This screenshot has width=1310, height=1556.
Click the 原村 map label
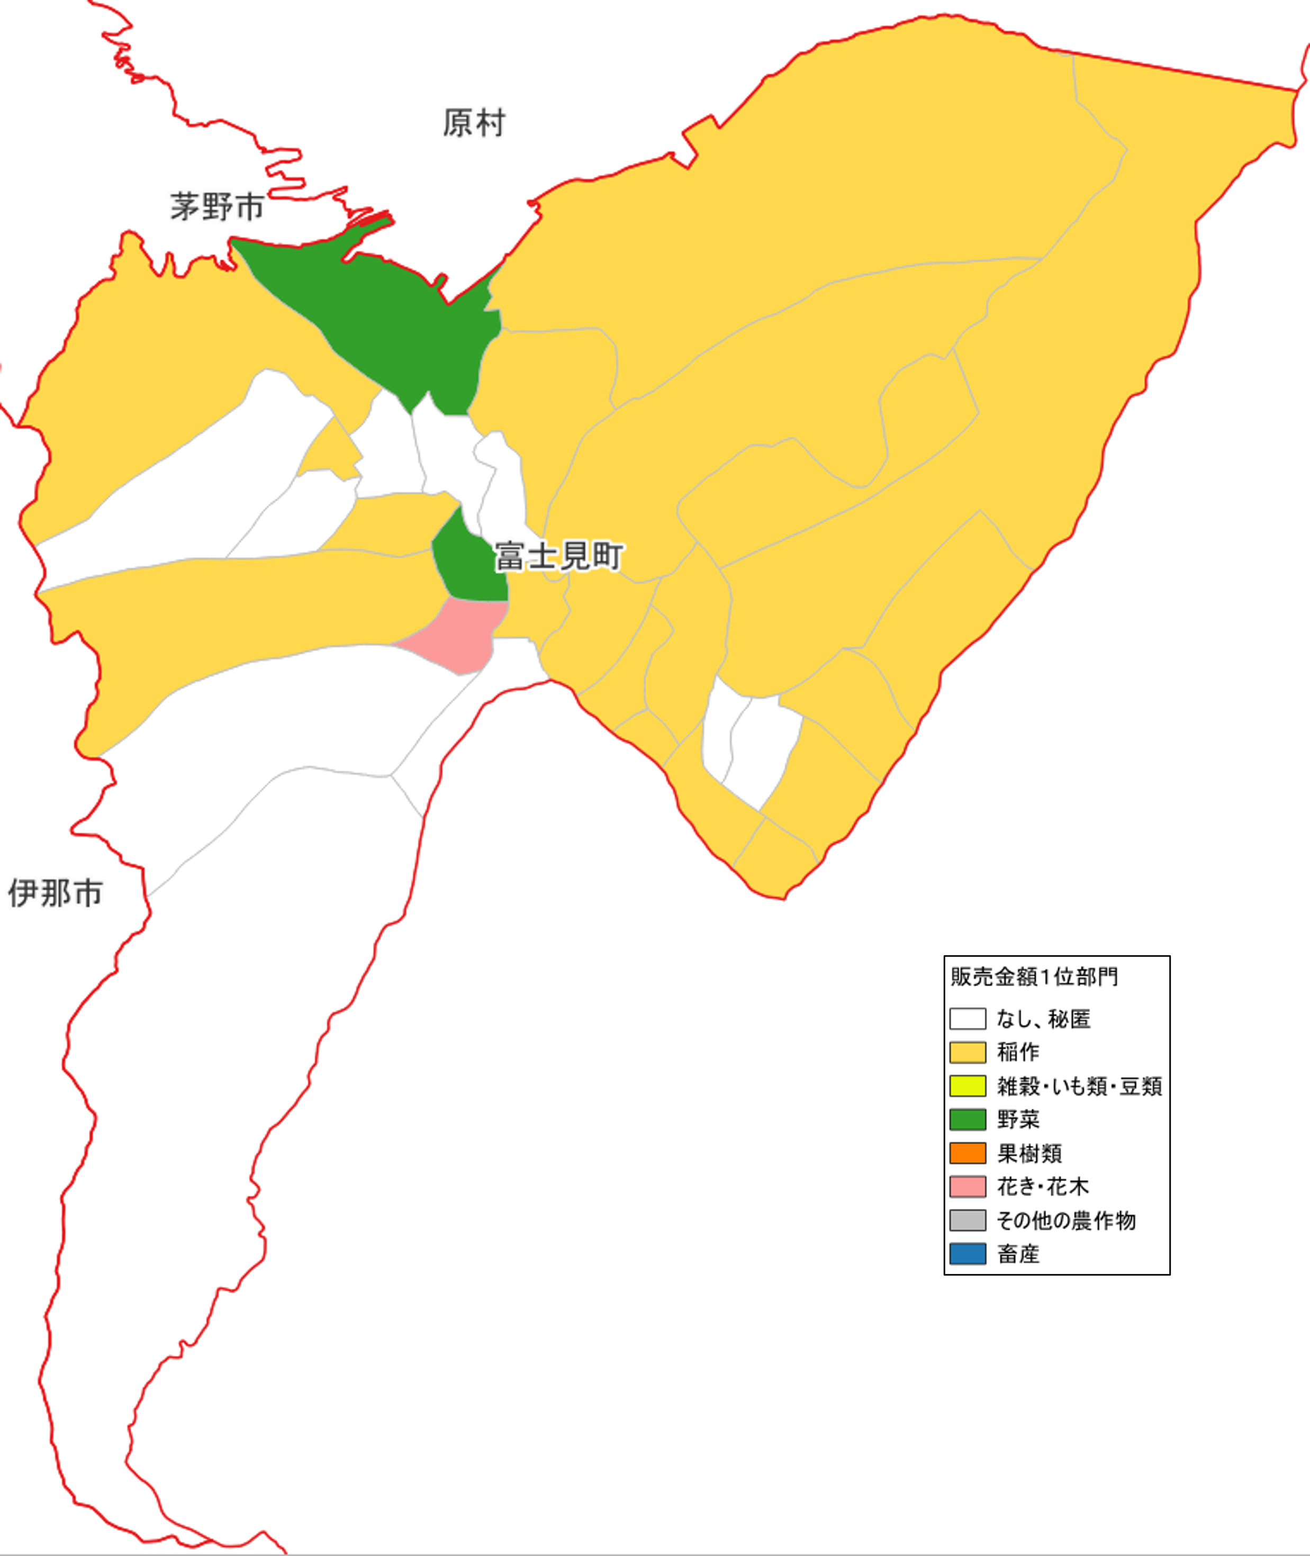click(x=474, y=123)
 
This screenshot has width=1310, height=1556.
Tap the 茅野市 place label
click(x=217, y=206)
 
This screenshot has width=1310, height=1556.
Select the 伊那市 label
click(x=55, y=893)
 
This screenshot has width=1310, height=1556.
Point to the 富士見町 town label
click(x=558, y=556)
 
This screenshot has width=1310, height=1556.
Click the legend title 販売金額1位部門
click(x=1034, y=977)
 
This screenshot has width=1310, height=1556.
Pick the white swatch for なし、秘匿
click(x=968, y=1018)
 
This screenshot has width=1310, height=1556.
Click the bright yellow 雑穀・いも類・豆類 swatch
click(x=968, y=1086)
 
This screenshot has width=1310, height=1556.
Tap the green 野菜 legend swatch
click(x=968, y=1119)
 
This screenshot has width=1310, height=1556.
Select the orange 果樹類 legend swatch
click(x=968, y=1153)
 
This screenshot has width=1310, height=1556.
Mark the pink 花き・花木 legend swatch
click(x=968, y=1186)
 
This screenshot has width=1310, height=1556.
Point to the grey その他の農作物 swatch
click(x=968, y=1220)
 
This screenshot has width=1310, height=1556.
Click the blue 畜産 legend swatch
click(x=968, y=1254)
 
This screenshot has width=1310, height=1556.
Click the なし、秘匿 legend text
click(x=1043, y=1018)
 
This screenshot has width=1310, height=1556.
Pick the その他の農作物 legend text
click(x=1065, y=1220)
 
